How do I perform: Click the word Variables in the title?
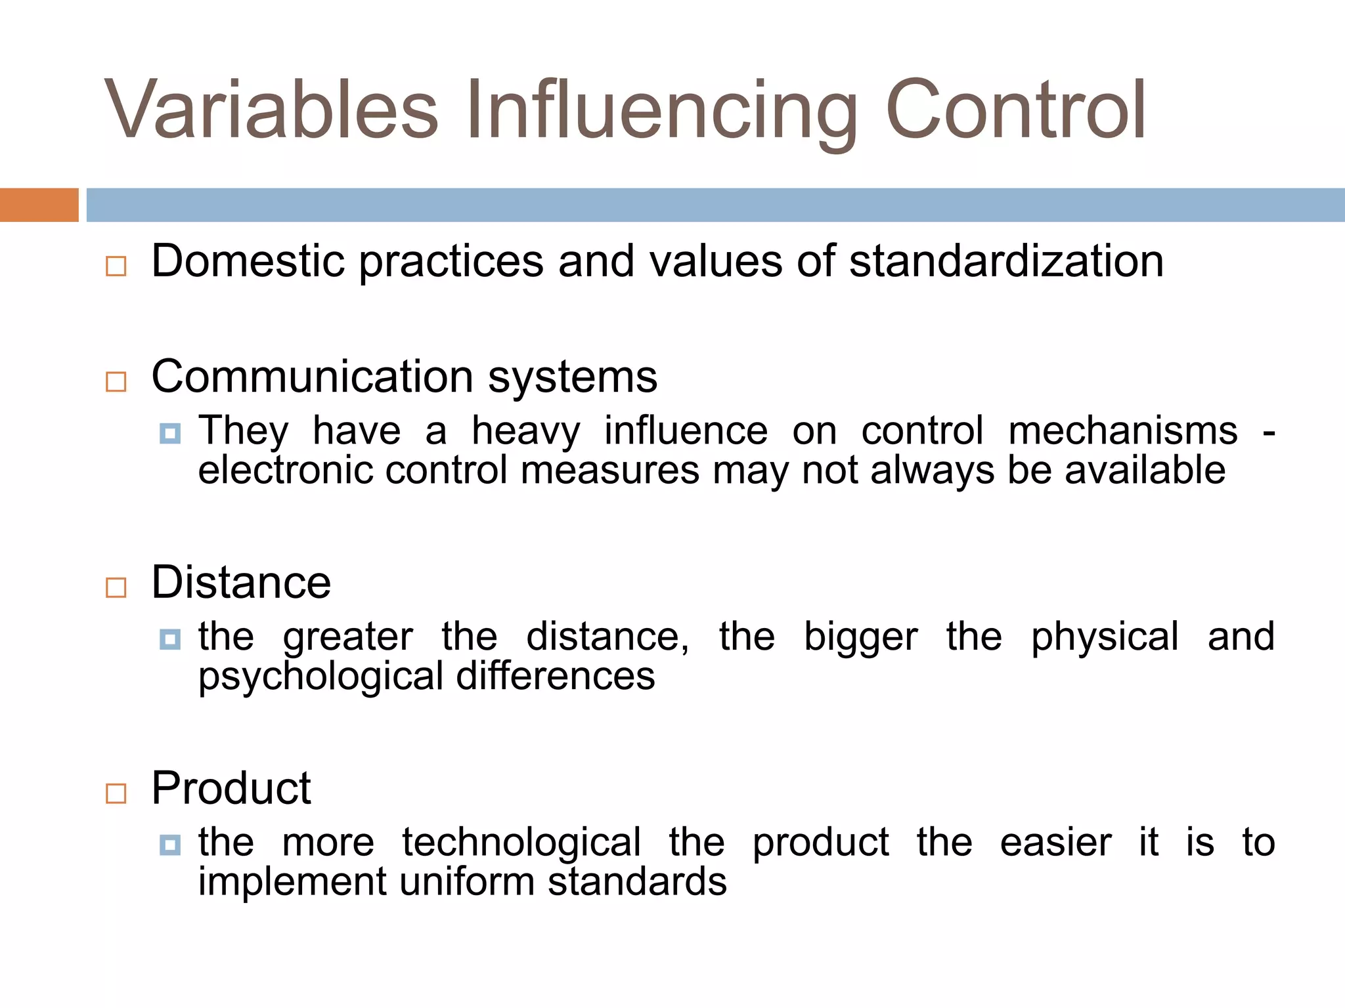[x=271, y=109]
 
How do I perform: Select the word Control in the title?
[x=1015, y=109]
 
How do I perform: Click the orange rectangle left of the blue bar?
[x=39, y=205]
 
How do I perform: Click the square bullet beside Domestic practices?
[x=116, y=266]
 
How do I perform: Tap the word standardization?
[x=1006, y=261]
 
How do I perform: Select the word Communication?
[x=313, y=377]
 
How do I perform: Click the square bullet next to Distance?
[x=116, y=587]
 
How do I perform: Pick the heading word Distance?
[x=241, y=582]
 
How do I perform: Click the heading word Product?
[x=231, y=787]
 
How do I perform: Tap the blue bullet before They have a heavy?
[x=170, y=434]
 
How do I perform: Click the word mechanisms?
[x=1122, y=431]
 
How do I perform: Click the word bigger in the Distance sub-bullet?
[x=860, y=637]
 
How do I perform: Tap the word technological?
[x=521, y=842]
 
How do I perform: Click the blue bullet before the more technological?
[x=170, y=845]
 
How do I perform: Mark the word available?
[x=1145, y=470]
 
